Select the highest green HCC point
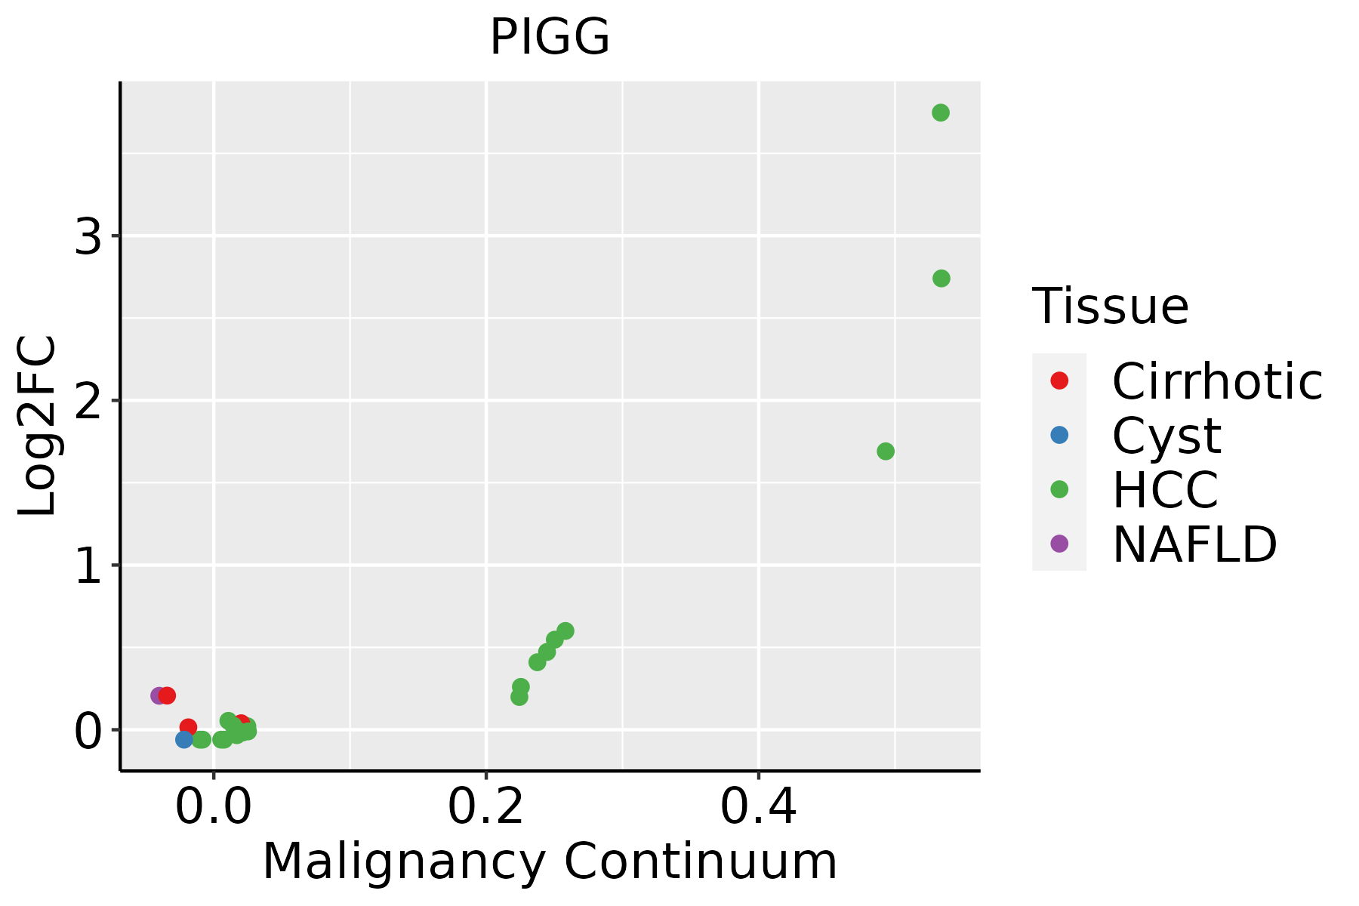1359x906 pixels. click(x=940, y=112)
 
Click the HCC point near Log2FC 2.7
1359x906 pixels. click(x=941, y=279)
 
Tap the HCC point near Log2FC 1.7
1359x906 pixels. click(x=886, y=451)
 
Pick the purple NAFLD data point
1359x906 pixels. click(x=158, y=695)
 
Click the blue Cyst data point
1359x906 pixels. click(x=183, y=739)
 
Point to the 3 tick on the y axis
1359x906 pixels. click(x=88, y=237)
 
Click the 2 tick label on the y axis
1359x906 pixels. click(x=88, y=401)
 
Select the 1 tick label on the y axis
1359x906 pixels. click(x=88, y=565)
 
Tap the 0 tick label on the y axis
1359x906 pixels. click(x=88, y=731)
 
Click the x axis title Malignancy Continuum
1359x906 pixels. click(x=550, y=861)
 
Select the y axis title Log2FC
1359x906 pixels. click(x=38, y=426)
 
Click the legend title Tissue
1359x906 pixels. click(x=1111, y=307)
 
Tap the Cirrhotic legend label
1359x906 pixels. click(x=1217, y=381)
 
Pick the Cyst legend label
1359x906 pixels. click(x=1166, y=436)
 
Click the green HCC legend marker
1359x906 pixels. click(x=1059, y=489)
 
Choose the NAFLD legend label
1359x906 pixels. click(x=1194, y=544)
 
